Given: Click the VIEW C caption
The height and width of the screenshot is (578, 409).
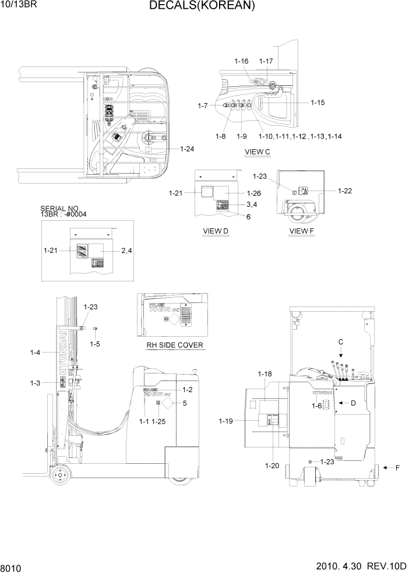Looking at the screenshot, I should click(x=258, y=153).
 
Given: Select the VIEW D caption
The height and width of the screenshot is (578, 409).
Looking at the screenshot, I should click(x=215, y=231).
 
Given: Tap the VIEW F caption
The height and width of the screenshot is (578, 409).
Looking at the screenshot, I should click(x=301, y=231).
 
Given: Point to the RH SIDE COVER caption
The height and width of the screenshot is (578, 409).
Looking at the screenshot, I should click(x=174, y=345).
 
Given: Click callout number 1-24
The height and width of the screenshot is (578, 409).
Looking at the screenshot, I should click(x=187, y=149).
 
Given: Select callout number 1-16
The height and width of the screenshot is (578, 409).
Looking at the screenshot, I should click(x=241, y=61).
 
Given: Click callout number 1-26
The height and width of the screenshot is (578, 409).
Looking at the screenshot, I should click(x=253, y=193).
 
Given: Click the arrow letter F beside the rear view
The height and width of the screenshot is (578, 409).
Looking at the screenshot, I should click(x=398, y=467).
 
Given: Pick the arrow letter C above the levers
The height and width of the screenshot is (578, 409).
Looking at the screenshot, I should click(x=341, y=341).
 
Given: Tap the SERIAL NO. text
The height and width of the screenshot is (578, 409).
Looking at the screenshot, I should click(x=59, y=208).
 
